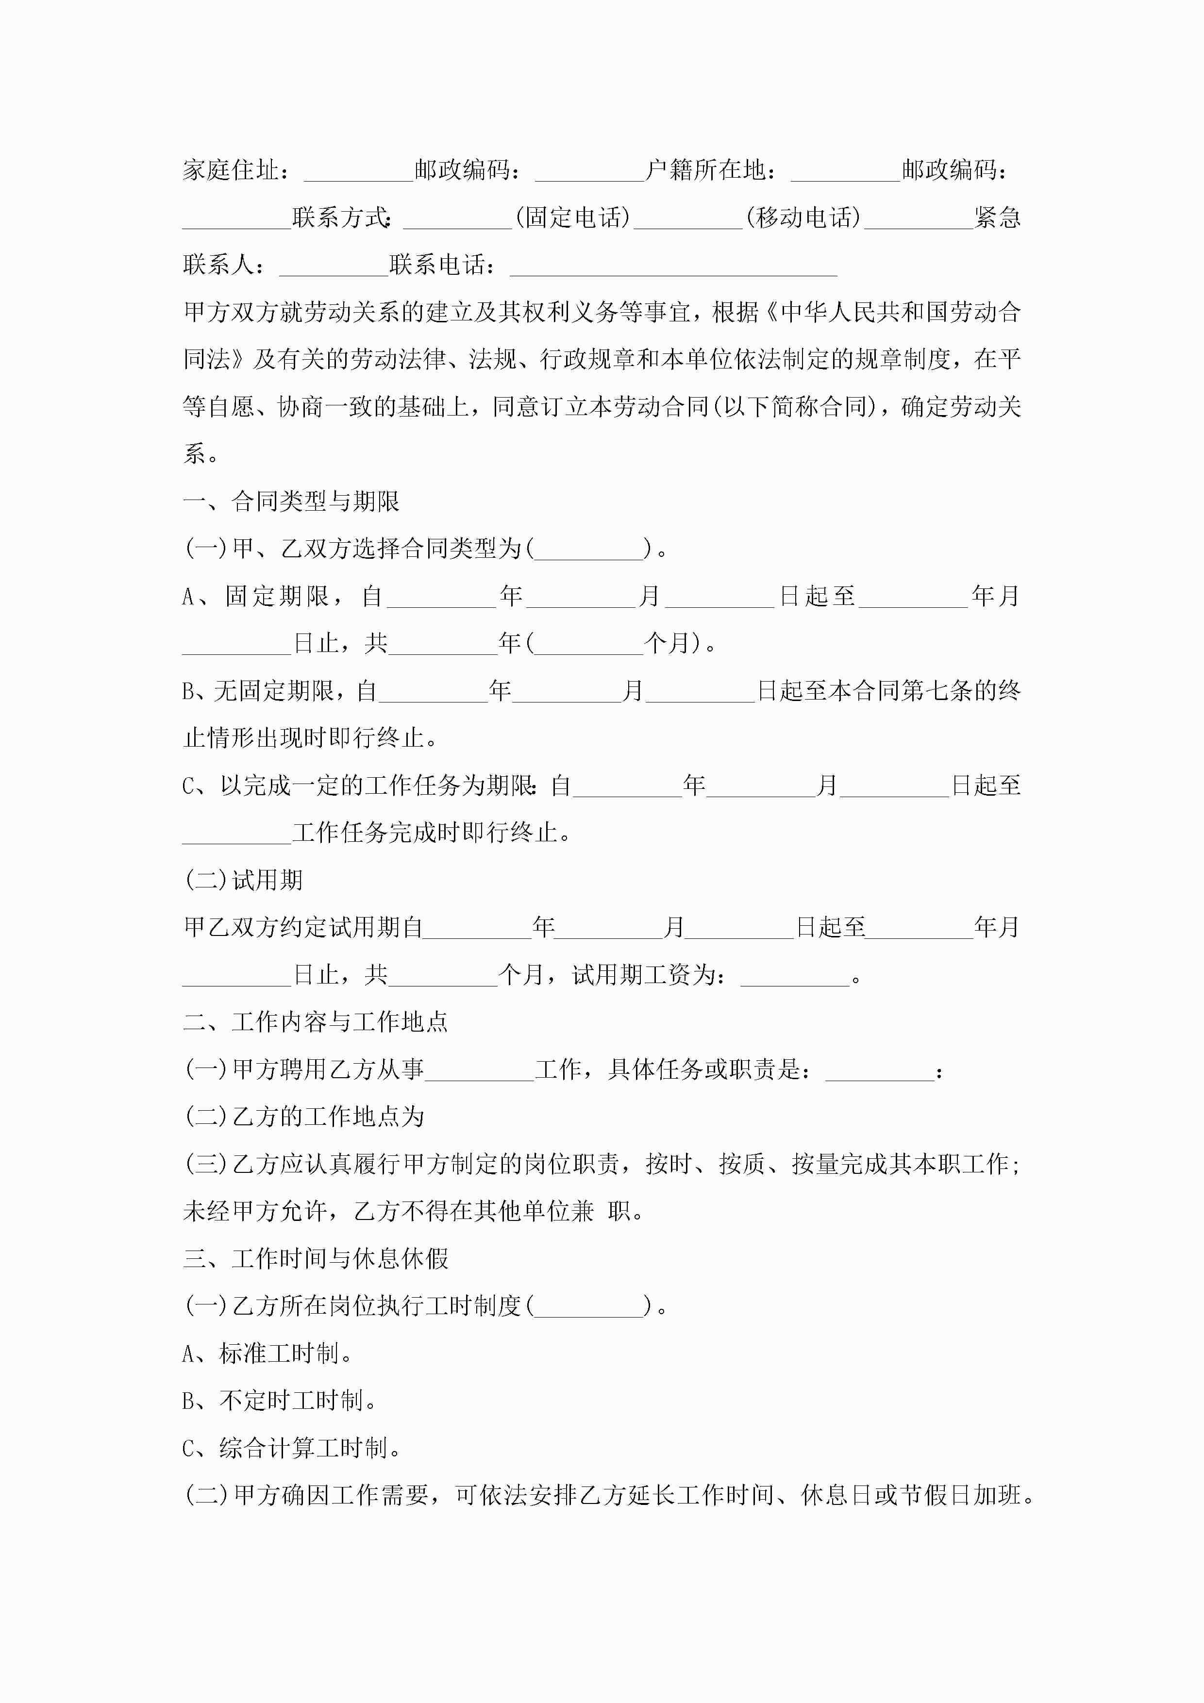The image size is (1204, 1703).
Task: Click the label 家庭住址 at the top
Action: tap(231, 170)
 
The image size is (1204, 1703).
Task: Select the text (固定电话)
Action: tap(573, 218)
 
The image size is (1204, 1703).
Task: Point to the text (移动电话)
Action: tap(803, 218)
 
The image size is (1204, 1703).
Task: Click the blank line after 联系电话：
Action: tap(673, 266)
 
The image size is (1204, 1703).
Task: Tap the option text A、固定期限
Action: tap(254, 596)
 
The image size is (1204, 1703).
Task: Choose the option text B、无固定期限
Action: tap(257, 691)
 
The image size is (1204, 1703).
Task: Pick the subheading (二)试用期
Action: tap(243, 881)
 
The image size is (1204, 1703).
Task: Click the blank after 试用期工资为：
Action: tap(795, 975)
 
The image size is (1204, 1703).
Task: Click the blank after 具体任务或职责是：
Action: tap(879, 1070)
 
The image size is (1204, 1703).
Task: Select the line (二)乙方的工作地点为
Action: tap(304, 1117)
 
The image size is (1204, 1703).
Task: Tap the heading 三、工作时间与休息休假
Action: tap(315, 1259)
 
